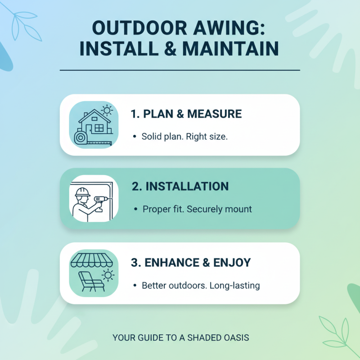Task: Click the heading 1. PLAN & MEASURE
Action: [x=186, y=114]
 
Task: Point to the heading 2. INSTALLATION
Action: [x=180, y=186]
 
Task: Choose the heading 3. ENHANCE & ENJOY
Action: [x=191, y=262]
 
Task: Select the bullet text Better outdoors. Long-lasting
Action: [x=201, y=285]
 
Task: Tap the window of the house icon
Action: [x=99, y=129]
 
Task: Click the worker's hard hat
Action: [x=81, y=192]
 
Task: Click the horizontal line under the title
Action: [x=180, y=70]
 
